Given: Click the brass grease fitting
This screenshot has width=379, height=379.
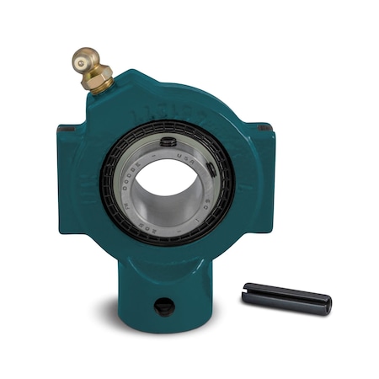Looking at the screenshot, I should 90,70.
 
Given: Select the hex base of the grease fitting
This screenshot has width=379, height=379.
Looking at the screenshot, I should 99,83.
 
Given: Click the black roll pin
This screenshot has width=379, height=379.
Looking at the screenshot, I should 286,296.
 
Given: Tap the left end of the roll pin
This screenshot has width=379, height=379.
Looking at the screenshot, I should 246,291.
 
